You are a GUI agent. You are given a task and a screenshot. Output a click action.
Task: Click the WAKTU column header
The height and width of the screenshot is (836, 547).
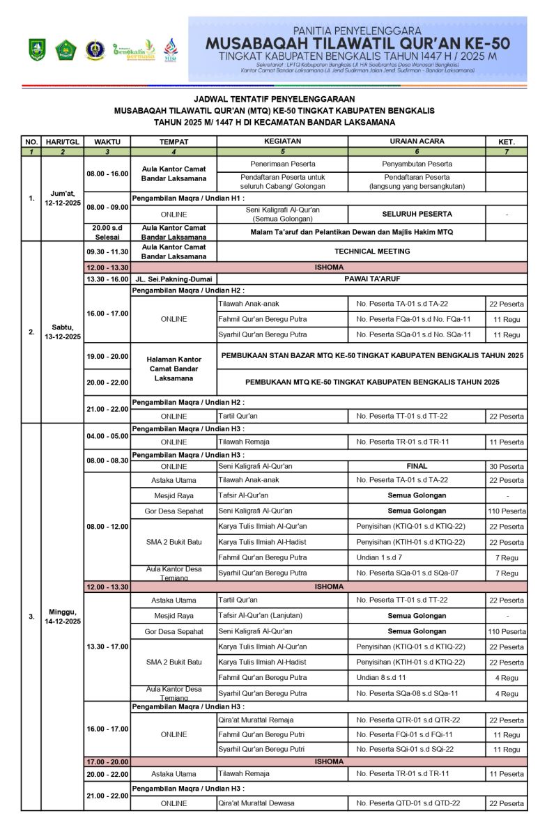107,141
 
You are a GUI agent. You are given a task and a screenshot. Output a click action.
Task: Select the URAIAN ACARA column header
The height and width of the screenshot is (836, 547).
416,141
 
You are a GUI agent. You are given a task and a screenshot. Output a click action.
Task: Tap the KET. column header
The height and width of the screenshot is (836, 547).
506,141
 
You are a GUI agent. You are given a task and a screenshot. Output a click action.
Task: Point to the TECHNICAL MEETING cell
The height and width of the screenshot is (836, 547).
371,251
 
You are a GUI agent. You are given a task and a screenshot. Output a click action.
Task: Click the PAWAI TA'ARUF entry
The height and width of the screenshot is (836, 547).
371,279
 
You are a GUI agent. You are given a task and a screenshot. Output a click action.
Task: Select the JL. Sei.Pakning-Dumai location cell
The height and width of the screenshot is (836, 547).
174,279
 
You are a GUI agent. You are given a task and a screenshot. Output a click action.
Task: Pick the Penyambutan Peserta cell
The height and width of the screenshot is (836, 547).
416,164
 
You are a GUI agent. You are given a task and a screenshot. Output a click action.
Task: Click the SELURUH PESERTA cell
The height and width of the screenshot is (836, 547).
416,214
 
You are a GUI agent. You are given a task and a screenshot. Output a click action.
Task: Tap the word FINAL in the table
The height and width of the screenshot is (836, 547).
416,466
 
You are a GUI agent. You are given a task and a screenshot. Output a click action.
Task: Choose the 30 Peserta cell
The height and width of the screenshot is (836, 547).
506,467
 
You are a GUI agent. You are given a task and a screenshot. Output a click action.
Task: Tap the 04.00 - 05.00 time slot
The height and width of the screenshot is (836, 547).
107,436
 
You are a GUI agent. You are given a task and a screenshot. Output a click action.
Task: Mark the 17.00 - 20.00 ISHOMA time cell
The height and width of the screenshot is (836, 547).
107,761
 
